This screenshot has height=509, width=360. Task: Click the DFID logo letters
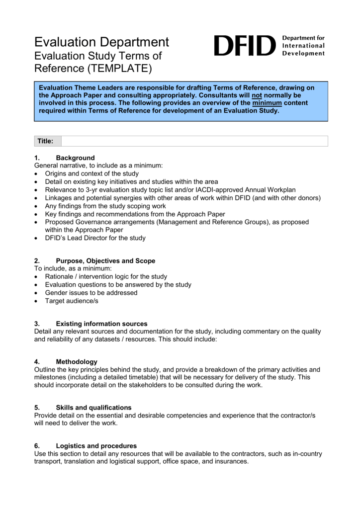[244, 46]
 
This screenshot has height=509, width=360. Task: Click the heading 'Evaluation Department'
[101, 42]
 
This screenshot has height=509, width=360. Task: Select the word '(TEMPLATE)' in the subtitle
[119, 68]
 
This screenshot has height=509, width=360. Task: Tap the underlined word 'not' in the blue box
[257, 95]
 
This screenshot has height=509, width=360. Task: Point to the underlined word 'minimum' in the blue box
[267, 103]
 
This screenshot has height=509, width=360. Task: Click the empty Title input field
[194, 141]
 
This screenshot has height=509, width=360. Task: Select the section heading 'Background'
[75, 158]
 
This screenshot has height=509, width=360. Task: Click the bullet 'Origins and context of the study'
[92, 174]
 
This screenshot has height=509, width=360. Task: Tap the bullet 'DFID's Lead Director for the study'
[95, 238]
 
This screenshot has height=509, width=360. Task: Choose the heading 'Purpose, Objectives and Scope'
[105, 261]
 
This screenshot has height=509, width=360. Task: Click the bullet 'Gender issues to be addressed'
[91, 293]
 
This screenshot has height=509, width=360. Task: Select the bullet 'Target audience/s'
[72, 301]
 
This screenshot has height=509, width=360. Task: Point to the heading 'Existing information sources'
[101, 324]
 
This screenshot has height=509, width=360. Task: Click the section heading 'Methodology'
[77, 362]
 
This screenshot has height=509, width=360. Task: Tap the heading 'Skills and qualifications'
[93, 408]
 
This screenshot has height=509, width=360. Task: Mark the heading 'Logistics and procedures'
[96, 446]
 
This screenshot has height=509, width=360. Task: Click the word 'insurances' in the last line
[230, 461]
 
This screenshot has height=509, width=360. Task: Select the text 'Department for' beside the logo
[303, 38]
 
